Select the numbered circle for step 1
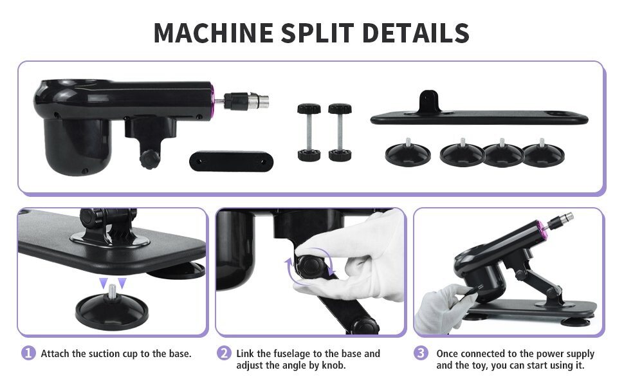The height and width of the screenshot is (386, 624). pos(28,353)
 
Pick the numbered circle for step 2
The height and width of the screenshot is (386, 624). pos(224,353)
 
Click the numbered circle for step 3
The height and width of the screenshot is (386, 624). pos(421,353)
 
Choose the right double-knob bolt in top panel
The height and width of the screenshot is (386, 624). pos(340,132)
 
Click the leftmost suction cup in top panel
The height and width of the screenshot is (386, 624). pos(407,152)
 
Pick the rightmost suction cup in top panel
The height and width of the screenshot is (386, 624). pos(542,152)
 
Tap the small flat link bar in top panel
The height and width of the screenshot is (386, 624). pos(228,160)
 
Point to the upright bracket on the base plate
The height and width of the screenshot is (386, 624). pos(430,103)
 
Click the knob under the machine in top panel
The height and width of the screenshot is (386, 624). pos(149,158)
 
